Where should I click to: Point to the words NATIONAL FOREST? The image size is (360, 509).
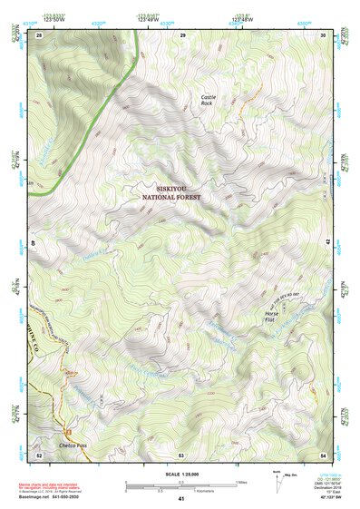(x=171, y=195)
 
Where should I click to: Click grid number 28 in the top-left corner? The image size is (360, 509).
(x=40, y=34)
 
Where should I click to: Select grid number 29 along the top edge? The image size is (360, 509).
(x=182, y=34)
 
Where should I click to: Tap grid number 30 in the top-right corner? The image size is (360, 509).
(x=324, y=34)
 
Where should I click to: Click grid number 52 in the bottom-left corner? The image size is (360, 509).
(x=40, y=454)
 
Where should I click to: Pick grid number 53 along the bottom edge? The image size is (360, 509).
(x=181, y=454)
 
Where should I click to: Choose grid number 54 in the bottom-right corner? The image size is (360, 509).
(x=324, y=454)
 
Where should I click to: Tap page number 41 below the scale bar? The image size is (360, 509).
(x=181, y=499)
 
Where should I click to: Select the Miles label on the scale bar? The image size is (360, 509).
(x=240, y=482)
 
